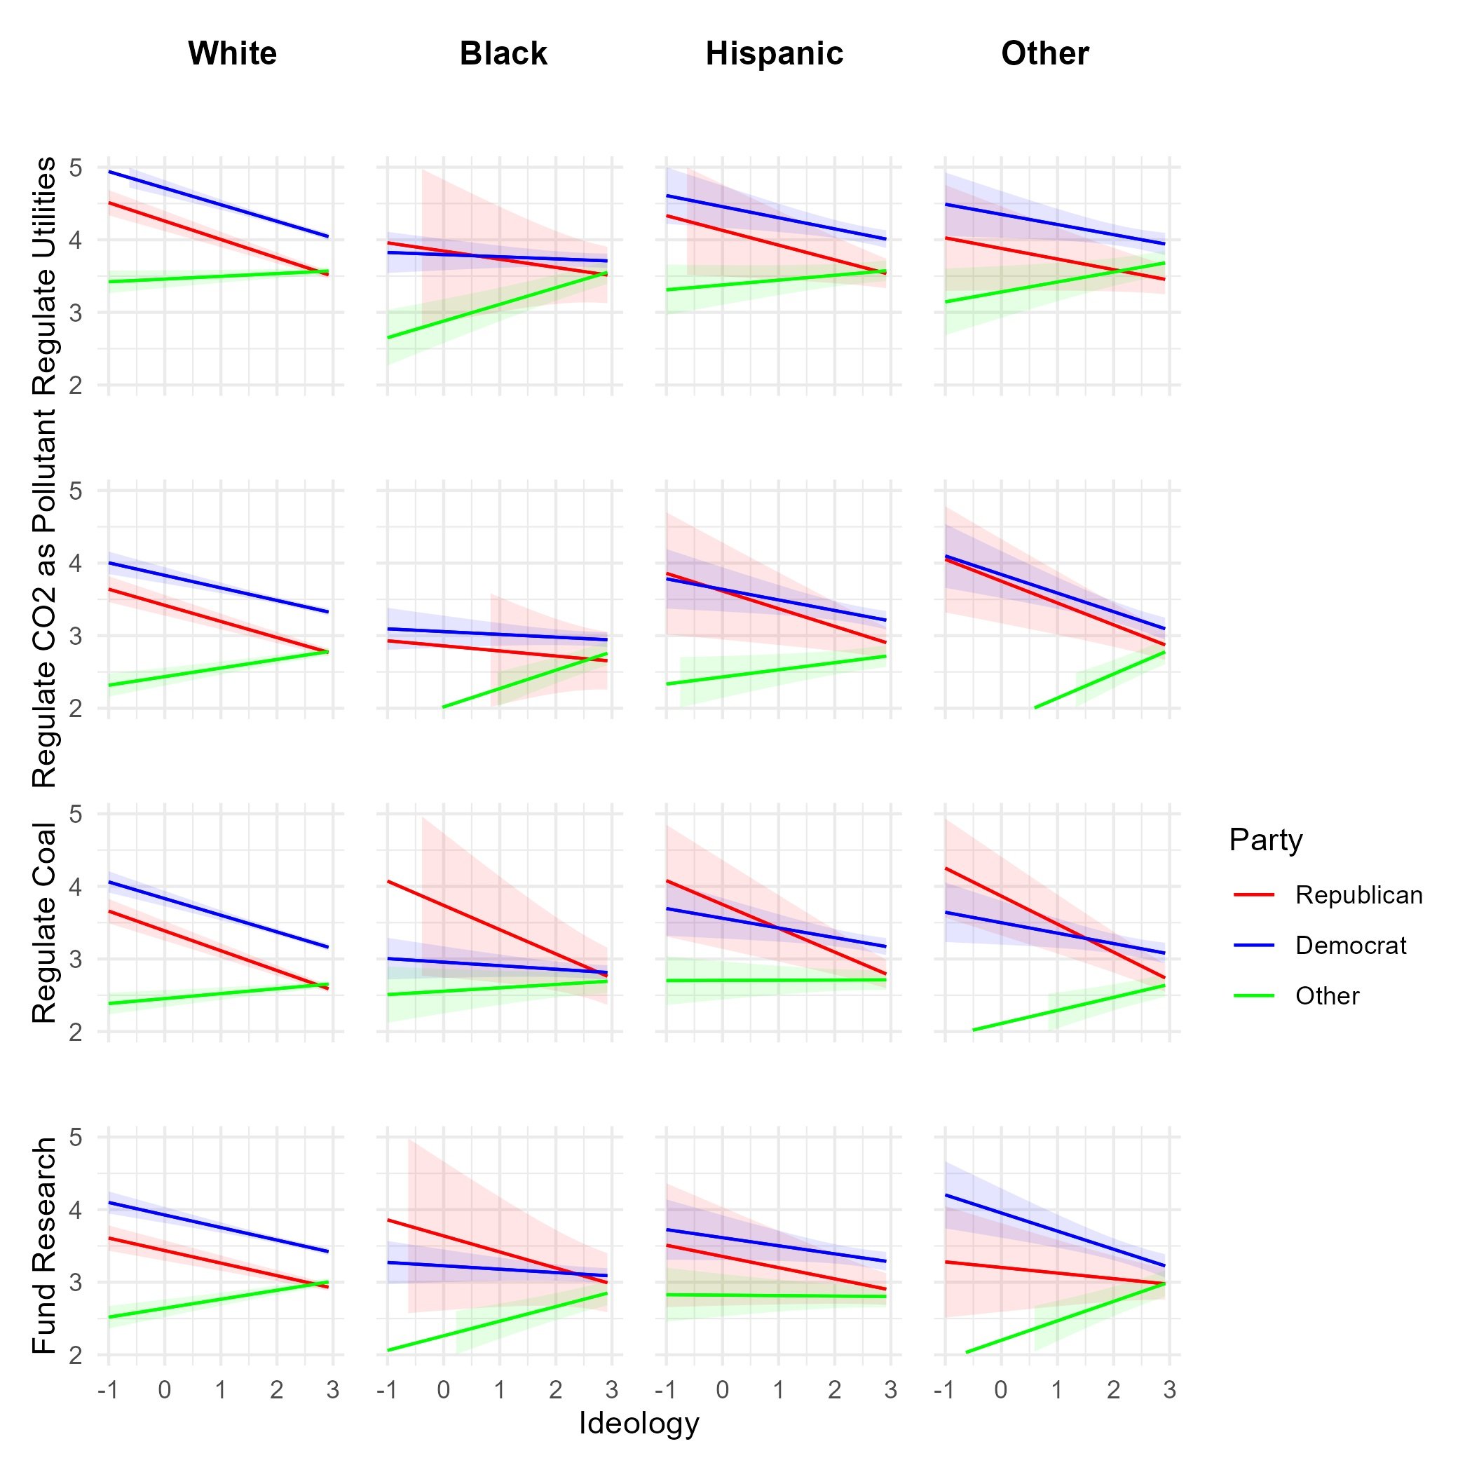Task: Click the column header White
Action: coord(233,54)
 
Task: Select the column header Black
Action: coord(503,54)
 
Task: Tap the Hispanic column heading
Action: coord(774,54)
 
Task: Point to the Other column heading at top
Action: coord(1044,54)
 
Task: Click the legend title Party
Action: coord(1265,840)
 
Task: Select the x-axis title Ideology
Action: coord(639,1422)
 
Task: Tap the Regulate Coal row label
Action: coord(44,922)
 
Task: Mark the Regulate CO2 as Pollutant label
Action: coord(44,598)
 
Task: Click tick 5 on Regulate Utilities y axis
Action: coord(76,168)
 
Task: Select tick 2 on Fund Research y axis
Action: coord(76,1356)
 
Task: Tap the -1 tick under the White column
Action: coord(107,1390)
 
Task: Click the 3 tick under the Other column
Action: coord(1169,1390)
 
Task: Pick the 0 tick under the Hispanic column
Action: coord(722,1390)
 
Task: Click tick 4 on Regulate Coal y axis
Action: coord(76,887)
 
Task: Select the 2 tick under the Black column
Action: coord(555,1390)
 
